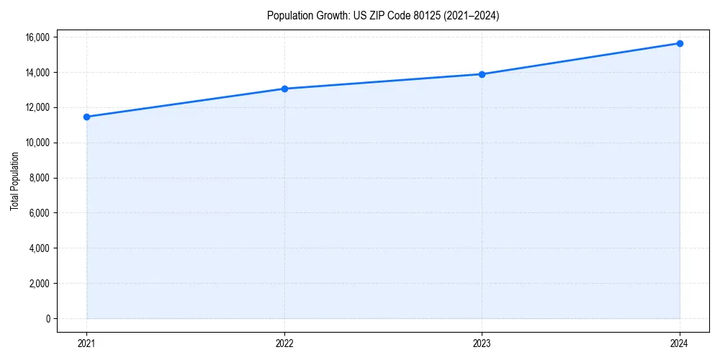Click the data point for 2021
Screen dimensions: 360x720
point(86,117)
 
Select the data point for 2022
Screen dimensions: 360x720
point(284,89)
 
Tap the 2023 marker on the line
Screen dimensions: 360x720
point(482,74)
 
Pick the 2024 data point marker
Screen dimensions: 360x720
point(680,43)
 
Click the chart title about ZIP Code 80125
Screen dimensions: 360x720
point(382,16)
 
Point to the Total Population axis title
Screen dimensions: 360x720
point(14,181)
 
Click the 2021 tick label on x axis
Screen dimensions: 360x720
point(86,343)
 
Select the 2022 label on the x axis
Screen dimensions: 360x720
point(284,343)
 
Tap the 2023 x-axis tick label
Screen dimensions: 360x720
point(482,343)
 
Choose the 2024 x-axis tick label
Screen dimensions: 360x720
point(680,343)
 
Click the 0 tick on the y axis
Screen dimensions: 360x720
point(48,319)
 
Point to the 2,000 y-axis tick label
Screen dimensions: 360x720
point(40,284)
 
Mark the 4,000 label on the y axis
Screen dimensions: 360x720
point(40,248)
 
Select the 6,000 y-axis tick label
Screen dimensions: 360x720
point(40,213)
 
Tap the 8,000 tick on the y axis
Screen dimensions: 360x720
point(40,178)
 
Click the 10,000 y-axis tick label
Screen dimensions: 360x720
point(37,143)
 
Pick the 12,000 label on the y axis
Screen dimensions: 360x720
point(37,107)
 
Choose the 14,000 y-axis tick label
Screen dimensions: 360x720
point(37,72)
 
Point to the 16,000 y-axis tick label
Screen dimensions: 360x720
point(37,37)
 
